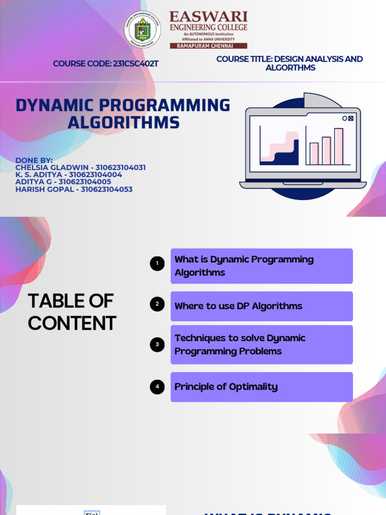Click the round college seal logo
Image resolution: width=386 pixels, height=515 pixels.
[x=143, y=30]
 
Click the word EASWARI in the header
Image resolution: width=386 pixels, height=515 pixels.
[x=208, y=17]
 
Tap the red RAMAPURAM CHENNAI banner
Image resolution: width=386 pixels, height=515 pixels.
[x=208, y=45]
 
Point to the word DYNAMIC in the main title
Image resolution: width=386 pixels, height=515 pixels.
[x=55, y=106]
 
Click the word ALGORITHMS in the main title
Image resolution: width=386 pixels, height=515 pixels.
[x=124, y=122]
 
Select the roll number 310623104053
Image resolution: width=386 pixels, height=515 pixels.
[x=107, y=189]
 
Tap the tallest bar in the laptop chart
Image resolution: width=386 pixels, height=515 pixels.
[x=339, y=146]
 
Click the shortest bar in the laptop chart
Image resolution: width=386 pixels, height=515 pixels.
[x=314, y=153]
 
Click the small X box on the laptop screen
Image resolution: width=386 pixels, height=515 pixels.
[x=351, y=119]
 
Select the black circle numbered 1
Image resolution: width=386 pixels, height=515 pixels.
[x=157, y=264]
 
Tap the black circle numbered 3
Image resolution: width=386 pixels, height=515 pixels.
[x=157, y=345]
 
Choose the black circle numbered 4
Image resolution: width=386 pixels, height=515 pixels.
[x=157, y=387]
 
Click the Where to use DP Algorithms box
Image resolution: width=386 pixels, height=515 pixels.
[x=261, y=306]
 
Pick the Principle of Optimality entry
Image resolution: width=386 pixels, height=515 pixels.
[x=261, y=387]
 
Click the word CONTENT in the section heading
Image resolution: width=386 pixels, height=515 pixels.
[x=72, y=323]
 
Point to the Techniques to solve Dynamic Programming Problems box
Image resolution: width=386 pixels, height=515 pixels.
[x=261, y=345]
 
